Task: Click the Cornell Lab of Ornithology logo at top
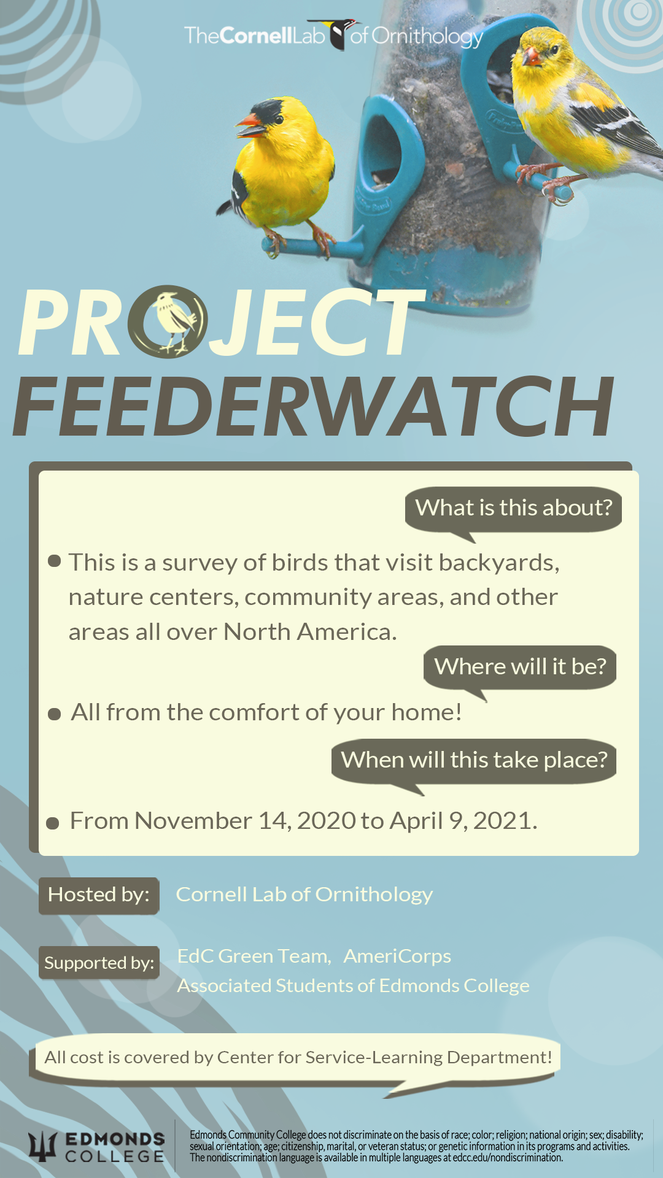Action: pos(333,36)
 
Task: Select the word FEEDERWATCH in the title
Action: pos(314,406)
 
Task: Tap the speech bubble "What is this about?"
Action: pos(513,510)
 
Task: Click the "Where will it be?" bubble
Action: pos(520,668)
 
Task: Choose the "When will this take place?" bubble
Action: pos(474,762)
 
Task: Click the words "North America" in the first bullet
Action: pos(309,631)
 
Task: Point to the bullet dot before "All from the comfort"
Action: pos(54,714)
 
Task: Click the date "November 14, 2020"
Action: pos(245,821)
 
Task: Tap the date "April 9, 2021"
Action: pos(463,821)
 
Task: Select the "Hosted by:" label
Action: pos(99,895)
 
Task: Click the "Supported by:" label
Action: pos(99,963)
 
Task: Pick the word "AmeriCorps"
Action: pos(397,956)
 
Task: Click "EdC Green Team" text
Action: pos(254,956)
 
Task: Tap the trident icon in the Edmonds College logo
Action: pos(42,1147)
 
